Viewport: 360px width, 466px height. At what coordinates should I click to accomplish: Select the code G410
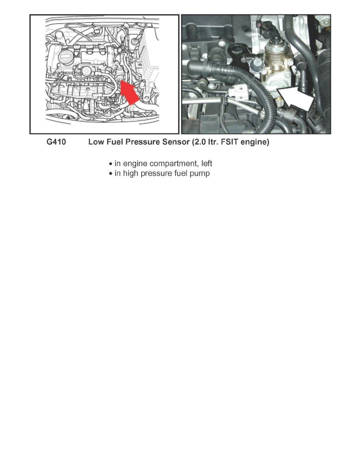tap(56, 143)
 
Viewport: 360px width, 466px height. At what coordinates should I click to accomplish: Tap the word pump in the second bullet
tap(201, 173)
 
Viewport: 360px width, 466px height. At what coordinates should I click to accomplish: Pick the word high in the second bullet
tap(129, 173)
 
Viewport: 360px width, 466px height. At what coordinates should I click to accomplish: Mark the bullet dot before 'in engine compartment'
tap(111, 164)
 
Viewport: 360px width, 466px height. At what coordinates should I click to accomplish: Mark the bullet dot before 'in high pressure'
tap(111, 174)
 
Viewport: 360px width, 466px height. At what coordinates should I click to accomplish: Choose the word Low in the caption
tap(95, 143)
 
